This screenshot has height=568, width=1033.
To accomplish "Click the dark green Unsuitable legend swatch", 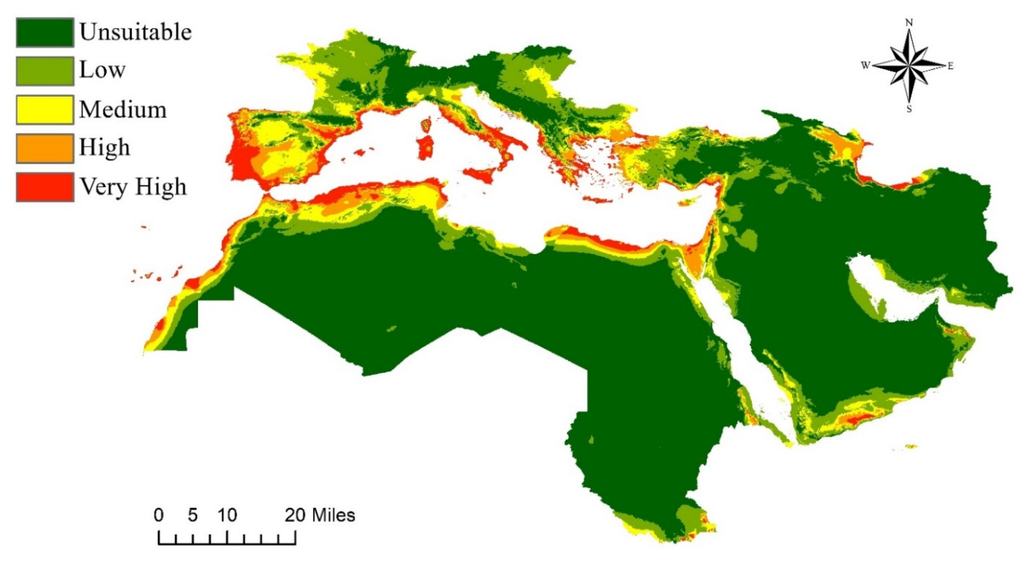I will pos(45,32).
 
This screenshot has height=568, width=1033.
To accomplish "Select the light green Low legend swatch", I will pos(45,71).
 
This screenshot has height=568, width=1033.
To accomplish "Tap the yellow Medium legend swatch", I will pos(45,110).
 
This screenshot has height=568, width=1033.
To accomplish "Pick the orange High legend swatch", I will pos(45,148).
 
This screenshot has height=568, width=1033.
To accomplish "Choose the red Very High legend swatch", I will pos(45,187).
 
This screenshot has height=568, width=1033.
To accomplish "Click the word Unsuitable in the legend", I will pos(135,32).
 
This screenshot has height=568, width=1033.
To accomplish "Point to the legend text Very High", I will pos(133,187).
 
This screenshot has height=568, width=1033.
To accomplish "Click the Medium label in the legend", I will pos(123,110).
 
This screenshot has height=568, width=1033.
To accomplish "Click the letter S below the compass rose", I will pos(909,109).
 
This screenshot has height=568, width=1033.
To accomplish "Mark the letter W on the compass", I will pos(865,65).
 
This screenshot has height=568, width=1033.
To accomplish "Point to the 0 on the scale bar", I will pos(159,515).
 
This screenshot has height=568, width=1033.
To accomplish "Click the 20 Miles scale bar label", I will pos(320,515).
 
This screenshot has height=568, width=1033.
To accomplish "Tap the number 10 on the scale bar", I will pos(227,515).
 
